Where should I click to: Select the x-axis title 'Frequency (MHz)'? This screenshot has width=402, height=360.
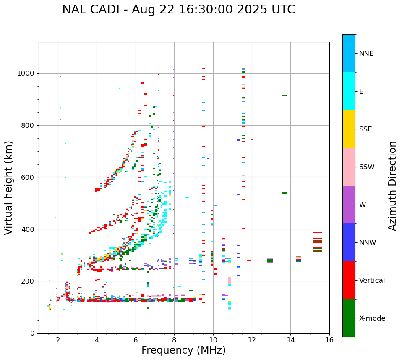pos(183,350)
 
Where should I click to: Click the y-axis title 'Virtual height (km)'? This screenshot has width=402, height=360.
pos(9,187)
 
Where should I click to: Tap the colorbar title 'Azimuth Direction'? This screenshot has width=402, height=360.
pos(392,185)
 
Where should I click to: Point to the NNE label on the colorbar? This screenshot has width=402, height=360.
pos(366,54)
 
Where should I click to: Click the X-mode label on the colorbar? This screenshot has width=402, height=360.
pos(372,318)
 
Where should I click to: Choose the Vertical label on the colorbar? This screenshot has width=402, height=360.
pos(372,281)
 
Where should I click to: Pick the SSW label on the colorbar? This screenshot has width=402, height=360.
pos(367,167)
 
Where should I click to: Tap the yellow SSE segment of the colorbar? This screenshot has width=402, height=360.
pos(349,129)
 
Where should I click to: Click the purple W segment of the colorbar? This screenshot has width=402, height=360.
pos(349,205)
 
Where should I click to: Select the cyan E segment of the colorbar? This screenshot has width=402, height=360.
pos(349,91)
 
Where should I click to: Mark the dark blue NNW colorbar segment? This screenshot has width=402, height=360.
pos(349,242)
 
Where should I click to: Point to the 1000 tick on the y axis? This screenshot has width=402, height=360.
pos(27,73)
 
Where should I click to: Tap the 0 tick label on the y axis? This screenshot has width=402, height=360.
pos(33,333)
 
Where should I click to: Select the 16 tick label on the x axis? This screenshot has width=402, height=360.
pos(329,340)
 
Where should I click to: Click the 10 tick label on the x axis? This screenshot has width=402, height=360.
pos(213,340)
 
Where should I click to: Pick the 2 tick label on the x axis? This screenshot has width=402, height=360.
pos(58,340)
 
